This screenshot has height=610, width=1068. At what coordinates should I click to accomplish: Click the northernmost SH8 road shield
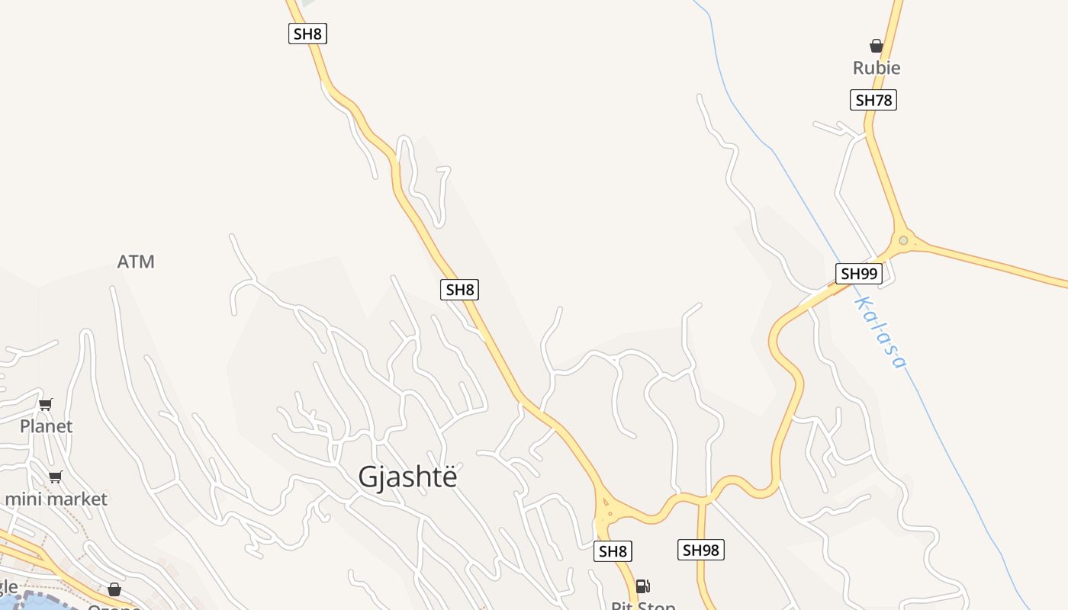click(307, 34)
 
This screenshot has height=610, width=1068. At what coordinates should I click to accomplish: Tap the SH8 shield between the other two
click(460, 290)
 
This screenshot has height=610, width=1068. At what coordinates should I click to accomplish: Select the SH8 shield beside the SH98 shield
click(613, 551)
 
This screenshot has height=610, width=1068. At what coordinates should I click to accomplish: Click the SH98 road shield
click(700, 550)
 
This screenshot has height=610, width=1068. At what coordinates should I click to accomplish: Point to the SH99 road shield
click(859, 274)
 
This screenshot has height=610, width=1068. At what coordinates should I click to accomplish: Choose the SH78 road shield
click(873, 100)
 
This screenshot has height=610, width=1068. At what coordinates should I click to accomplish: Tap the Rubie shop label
click(877, 68)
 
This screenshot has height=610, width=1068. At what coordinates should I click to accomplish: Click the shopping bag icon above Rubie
click(877, 47)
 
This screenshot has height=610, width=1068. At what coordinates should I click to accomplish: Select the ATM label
click(136, 262)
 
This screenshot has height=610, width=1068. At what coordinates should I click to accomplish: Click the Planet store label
click(47, 426)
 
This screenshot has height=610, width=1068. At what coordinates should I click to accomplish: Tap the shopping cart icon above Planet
click(47, 404)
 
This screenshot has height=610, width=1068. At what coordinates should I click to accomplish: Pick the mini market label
click(56, 499)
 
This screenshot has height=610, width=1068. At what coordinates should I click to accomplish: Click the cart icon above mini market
click(55, 477)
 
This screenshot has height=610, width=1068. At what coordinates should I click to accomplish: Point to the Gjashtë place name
click(408, 477)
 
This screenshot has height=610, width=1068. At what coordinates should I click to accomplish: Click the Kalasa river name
click(880, 332)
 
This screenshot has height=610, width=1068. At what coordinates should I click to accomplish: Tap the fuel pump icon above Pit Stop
click(643, 586)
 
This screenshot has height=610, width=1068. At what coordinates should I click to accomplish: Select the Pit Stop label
click(643, 606)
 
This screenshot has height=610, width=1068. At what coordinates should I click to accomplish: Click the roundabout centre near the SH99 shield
click(903, 241)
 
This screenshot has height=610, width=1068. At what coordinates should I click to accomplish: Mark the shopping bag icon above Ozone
click(114, 589)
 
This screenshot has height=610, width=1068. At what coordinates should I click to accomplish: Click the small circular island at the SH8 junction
click(607, 502)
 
